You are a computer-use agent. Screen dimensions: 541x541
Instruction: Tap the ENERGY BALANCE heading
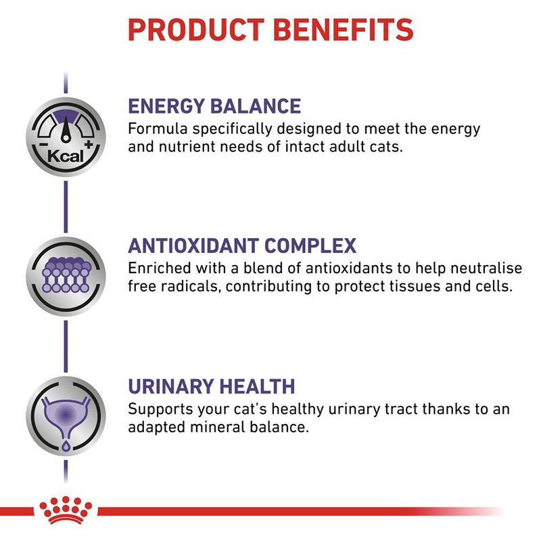(214, 106)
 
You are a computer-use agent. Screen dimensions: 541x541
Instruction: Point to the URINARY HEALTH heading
(212, 386)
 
